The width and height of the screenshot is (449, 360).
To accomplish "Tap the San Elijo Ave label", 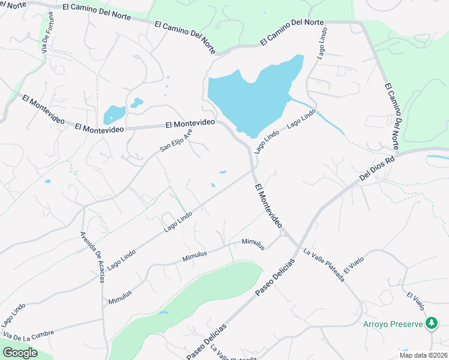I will pos(176,140).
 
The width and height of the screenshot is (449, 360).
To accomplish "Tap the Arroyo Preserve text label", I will pos(393,325).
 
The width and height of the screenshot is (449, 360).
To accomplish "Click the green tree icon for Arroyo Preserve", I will pos(431,324).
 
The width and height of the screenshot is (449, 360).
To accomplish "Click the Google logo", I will pos(20,353).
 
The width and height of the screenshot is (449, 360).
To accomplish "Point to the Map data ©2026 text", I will pos(423,355).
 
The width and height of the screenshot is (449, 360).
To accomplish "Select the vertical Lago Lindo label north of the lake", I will pos(322,43).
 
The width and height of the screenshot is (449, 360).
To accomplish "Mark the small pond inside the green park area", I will pos(163,313).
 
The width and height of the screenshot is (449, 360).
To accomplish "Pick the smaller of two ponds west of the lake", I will pos(137,103).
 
